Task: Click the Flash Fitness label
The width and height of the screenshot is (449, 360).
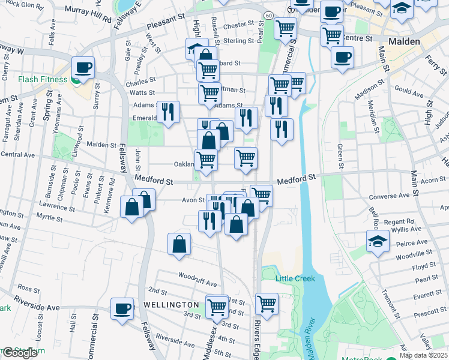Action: [x=45, y=79]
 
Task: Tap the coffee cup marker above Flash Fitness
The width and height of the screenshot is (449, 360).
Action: [x=83, y=67]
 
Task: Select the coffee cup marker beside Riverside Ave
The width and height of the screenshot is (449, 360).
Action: [x=122, y=309]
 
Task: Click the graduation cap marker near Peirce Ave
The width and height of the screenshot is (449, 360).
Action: [x=378, y=242]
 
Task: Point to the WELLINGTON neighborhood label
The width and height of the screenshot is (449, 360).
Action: [x=170, y=305]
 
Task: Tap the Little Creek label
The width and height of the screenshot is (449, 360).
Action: [x=295, y=278]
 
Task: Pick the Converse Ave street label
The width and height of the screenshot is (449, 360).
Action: [x=394, y=196]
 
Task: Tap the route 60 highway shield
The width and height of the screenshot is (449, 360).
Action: [x=268, y=14]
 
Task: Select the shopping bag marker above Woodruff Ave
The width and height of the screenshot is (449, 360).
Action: [x=179, y=244]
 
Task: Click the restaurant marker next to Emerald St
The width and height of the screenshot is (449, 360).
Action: [x=168, y=112]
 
